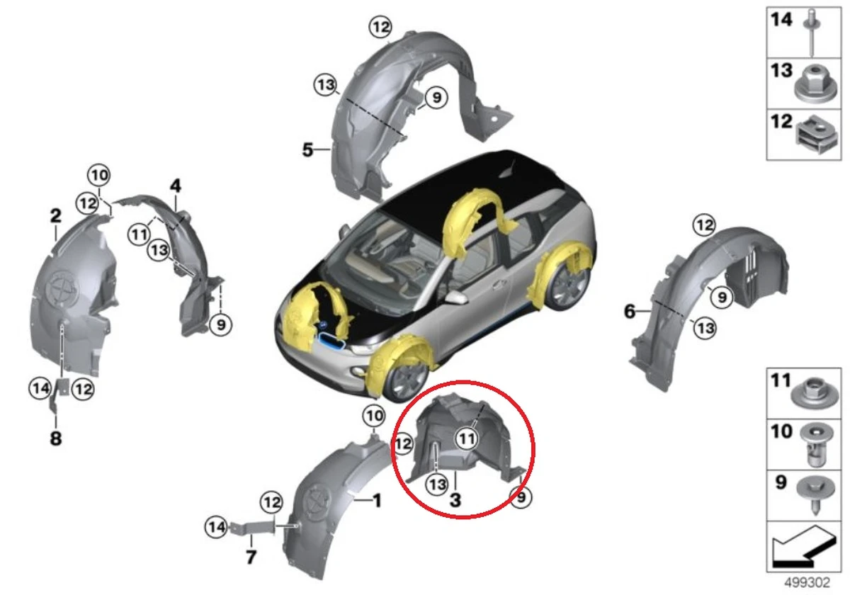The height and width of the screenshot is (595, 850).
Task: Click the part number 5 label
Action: (307, 150)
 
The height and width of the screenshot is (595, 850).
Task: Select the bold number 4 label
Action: (175, 186)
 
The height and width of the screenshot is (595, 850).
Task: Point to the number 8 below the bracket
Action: (55, 439)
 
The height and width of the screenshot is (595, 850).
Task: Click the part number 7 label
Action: (251, 557)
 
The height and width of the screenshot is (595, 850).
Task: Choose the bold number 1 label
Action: (377, 501)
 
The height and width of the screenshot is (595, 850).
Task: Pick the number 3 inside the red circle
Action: (455, 500)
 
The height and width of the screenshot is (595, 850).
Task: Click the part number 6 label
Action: (630, 310)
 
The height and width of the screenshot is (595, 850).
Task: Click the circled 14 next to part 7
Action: (215, 526)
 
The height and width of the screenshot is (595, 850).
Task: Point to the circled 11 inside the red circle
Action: (465, 439)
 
